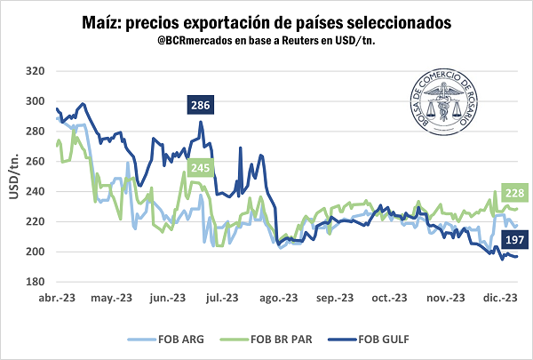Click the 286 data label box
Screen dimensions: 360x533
coord(200,106)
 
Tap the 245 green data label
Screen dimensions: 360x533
coord(200,168)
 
